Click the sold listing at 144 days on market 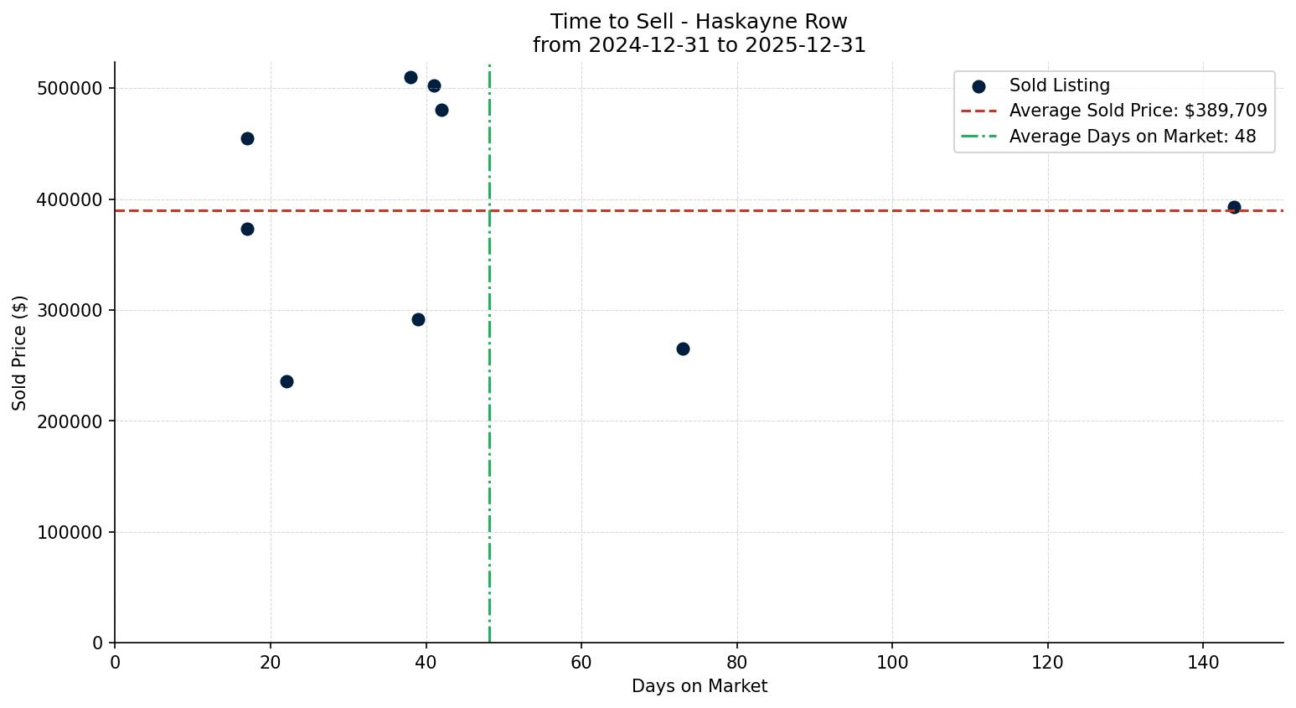click(x=1233, y=207)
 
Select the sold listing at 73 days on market click(x=683, y=349)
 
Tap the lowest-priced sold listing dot click(x=287, y=381)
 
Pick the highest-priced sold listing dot click(x=410, y=77)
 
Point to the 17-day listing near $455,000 click(x=247, y=138)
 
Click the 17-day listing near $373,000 click(x=247, y=229)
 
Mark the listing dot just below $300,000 click(x=418, y=319)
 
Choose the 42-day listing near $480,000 click(x=441, y=110)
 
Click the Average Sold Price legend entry click(x=1138, y=111)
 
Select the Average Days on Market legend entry click(x=1132, y=136)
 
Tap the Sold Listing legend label click(x=1059, y=85)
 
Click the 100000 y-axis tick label click(x=70, y=532)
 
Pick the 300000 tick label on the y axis click(x=70, y=311)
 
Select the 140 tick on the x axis click(x=1203, y=663)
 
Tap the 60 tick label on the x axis click(x=581, y=663)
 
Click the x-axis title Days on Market click(x=699, y=686)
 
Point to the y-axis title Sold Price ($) click(x=20, y=353)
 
